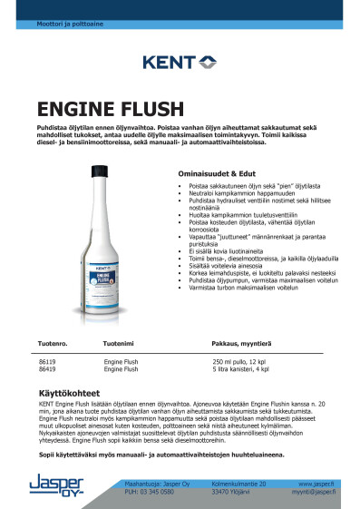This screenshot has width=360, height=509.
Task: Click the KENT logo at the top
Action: click(x=180, y=63)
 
